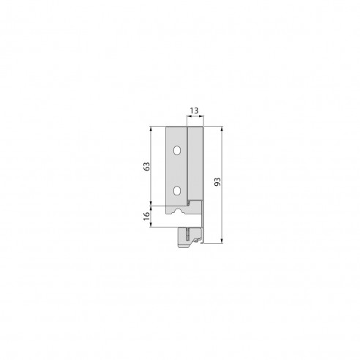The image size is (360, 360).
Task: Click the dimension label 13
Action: [194, 110]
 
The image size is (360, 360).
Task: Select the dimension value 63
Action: [146, 166]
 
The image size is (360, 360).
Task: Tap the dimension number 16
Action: [146, 216]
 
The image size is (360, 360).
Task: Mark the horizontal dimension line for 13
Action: [194, 117]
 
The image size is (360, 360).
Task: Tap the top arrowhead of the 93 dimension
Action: [222, 129]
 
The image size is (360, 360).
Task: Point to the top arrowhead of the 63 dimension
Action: [151, 129]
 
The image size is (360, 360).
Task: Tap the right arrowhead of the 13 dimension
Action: [202, 117]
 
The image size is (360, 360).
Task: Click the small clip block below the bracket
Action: [187, 238]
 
